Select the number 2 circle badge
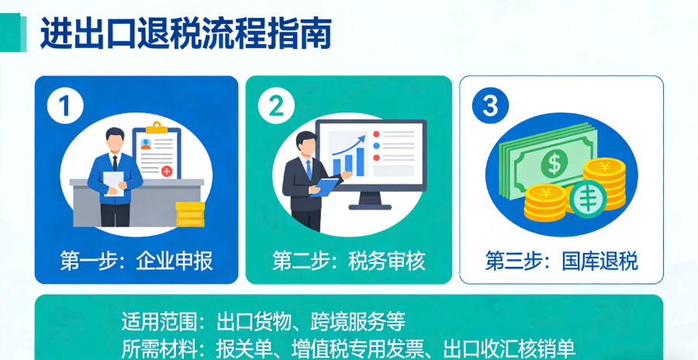point(276,106)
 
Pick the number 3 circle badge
point(489,106)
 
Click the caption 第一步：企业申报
point(136,261)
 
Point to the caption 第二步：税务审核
point(349,261)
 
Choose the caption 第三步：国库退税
point(562,261)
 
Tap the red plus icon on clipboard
point(166,171)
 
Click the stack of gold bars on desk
point(190,213)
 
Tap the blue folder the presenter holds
point(325,187)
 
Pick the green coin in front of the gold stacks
point(586,198)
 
